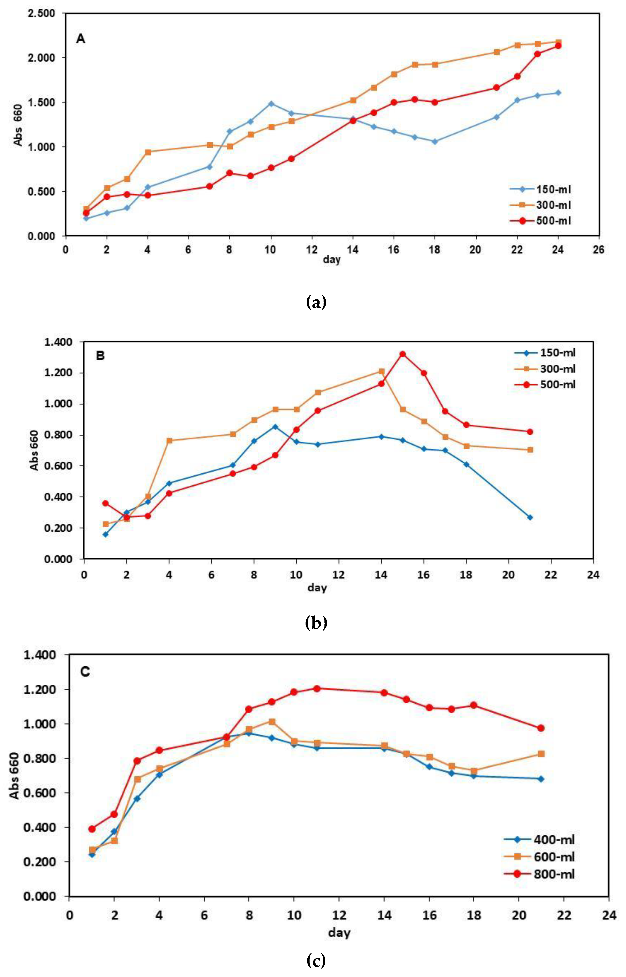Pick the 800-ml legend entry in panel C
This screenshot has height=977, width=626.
(x=554, y=874)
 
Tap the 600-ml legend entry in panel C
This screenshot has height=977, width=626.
(x=554, y=857)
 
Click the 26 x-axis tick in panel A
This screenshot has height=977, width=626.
(x=599, y=249)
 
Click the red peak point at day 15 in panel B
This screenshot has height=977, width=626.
(x=403, y=354)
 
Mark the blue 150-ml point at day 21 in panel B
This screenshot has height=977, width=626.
(x=530, y=517)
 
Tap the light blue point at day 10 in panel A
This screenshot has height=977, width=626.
(x=271, y=104)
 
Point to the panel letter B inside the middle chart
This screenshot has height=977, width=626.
(x=100, y=356)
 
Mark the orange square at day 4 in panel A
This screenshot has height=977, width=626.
(x=148, y=152)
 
